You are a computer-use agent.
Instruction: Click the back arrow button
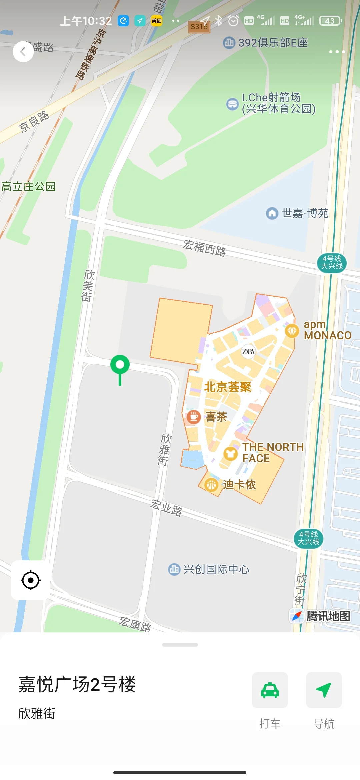coord(23,52)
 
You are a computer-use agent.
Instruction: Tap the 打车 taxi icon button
coord(270,690)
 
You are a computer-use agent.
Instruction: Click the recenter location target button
coord(31,580)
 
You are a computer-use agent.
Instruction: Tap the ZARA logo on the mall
coord(248,351)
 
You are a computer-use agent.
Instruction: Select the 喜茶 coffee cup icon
coord(193,417)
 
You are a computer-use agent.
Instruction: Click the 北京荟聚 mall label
coord(228,387)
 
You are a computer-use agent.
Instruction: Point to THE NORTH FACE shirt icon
coord(230,454)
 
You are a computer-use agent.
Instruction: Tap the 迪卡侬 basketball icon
coord(211,485)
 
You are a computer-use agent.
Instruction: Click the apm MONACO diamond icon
coord(292,331)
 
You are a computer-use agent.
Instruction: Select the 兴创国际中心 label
coord(216,569)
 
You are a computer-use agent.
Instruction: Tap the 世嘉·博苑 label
coord(305,213)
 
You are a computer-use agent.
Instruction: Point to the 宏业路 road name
coord(166,507)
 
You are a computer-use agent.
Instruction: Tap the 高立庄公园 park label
coord(28,186)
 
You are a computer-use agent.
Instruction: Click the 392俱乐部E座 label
coord(273,43)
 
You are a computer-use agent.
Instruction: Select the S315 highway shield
coord(199,27)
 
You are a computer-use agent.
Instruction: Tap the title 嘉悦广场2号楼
coord(77,684)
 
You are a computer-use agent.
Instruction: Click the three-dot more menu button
coord(337,52)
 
